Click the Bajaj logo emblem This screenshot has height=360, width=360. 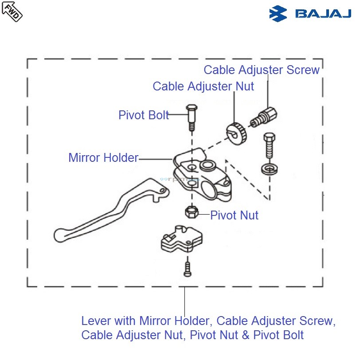coord(278,13)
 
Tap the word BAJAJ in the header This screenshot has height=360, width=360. coord(323,13)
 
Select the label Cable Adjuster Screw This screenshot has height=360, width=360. coord(262,70)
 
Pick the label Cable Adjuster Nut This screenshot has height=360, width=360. coord(203,86)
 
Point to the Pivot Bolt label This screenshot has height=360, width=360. coord(144,115)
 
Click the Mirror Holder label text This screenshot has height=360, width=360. coord(103,157)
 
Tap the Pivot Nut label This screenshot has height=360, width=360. coord(234,215)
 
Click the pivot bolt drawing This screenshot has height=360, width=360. coord(191,117)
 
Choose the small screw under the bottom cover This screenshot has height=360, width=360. coord(188,268)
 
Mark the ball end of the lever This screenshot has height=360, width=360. coord(59,234)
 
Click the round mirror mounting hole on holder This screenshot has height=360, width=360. coord(207,166)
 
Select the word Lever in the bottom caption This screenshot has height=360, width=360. coord(94,321)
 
